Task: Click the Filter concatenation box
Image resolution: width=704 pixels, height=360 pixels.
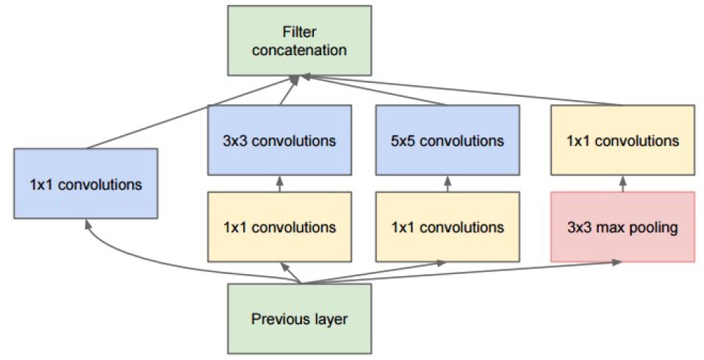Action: tap(299, 40)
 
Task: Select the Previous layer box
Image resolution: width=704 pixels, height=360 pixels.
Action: tap(299, 320)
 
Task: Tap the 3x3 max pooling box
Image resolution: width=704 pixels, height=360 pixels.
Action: tap(622, 226)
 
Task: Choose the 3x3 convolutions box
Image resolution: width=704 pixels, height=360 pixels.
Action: tap(279, 140)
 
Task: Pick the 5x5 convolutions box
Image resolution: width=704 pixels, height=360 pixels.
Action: tap(448, 140)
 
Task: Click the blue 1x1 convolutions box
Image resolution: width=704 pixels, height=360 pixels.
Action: tap(85, 183)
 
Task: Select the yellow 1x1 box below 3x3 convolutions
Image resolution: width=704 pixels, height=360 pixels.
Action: tap(279, 226)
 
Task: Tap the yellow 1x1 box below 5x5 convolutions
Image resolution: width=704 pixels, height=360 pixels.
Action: tap(448, 226)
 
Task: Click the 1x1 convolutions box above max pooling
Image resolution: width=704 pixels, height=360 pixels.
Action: tap(622, 140)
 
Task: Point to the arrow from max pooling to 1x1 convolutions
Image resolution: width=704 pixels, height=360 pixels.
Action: tap(622, 184)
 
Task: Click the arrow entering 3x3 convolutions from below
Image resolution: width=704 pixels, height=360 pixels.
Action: tap(279, 184)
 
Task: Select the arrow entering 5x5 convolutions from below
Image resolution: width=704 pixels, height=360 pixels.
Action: tap(448, 184)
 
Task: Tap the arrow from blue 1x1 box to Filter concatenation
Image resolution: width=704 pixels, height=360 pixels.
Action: tap(191, 113)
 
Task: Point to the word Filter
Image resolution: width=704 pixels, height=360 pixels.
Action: tap(299, 32)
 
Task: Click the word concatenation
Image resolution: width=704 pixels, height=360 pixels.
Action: tap(299, 50)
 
